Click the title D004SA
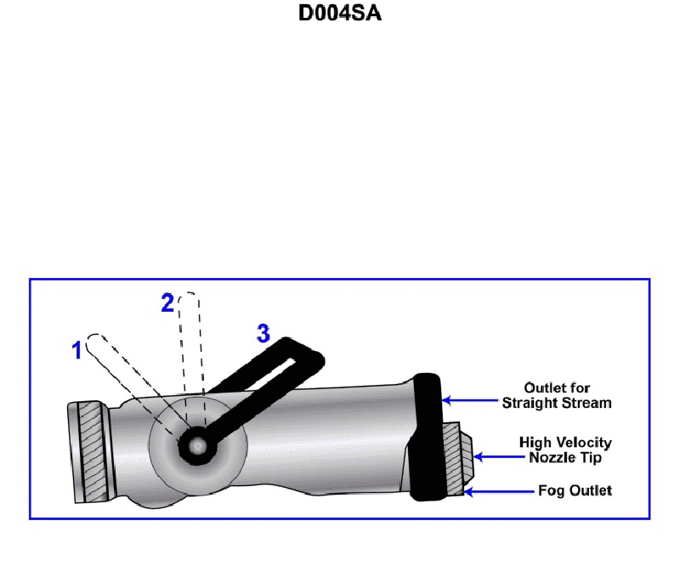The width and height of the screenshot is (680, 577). [340, 14]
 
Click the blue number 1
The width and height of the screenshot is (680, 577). [76, 349]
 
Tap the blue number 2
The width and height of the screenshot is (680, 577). [167, 303]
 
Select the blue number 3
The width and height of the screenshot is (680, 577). [263, 334]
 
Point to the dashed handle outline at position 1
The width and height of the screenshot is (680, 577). [127, 374]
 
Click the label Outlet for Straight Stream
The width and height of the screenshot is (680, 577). [556, 395]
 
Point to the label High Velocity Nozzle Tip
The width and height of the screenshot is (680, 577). [565, 450]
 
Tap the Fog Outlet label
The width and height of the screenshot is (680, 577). [575, 490]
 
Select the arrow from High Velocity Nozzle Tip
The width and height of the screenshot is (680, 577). [493, 456]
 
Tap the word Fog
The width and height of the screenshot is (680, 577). [550, 490]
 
